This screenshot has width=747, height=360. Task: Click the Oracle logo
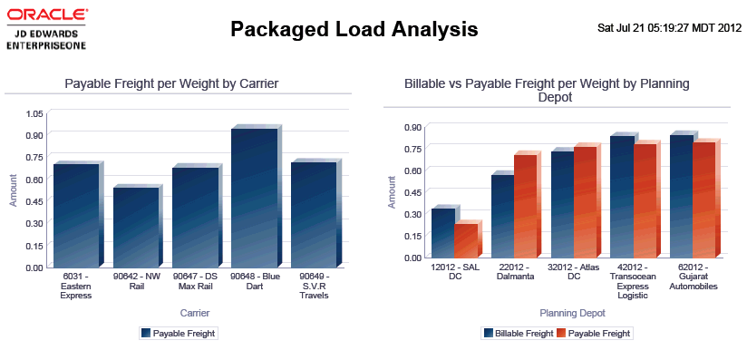[47, 29]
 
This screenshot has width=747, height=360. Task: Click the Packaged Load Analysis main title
[354, 29]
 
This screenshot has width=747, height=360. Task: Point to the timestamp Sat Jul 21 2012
[669, 28]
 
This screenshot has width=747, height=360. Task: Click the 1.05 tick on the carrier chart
[35, 113]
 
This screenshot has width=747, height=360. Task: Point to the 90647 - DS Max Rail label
[195, 282]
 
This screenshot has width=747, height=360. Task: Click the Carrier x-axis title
[195, 313]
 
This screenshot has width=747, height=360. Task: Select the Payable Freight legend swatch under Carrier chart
[146, 334]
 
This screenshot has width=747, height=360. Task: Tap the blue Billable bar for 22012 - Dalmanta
[502, 216]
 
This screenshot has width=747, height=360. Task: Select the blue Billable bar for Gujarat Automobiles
[682, 196]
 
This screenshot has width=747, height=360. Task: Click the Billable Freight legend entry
[519, 334]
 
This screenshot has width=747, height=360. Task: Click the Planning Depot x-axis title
[573, 313]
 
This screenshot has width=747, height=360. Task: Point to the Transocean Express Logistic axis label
[633, 286]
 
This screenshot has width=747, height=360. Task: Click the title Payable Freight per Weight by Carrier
[171, 84]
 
